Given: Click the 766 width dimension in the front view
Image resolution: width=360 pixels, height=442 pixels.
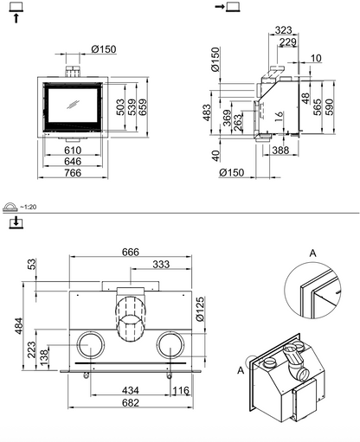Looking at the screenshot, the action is [73, 173].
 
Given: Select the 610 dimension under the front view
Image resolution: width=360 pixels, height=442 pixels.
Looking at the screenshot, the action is [73, 151].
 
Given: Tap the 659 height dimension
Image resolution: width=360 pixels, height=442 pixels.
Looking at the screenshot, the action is [143, 107].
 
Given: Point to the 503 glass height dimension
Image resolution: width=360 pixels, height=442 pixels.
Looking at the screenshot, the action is [121, 107].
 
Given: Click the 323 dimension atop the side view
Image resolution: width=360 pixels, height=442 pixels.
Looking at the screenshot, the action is [283, 30].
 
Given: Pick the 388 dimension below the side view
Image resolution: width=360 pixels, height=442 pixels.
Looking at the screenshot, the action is [280, 150].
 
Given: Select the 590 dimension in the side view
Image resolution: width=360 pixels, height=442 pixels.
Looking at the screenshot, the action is [329, 107].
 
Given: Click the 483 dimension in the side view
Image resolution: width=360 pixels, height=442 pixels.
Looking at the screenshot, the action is [207, 112].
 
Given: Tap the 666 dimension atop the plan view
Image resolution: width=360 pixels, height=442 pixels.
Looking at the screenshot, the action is [131, 252].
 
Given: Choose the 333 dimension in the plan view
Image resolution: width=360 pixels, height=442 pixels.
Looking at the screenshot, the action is [161, 264].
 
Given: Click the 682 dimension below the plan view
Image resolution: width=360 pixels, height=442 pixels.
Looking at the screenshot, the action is [131, 402].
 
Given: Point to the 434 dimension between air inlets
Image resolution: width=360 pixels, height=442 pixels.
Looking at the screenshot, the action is [131, 390].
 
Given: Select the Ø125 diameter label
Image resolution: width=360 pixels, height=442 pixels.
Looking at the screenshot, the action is [200, 310].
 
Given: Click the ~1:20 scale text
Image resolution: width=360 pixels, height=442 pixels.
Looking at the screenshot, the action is [28, 207].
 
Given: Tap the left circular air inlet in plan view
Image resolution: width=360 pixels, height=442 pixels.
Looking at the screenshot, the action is [91, 345].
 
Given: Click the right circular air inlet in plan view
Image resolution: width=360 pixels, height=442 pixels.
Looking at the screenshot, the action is [170, 345].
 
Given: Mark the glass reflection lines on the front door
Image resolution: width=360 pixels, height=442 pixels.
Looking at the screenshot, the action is [73, 104].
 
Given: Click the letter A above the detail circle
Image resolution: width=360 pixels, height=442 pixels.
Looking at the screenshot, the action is [313, 253].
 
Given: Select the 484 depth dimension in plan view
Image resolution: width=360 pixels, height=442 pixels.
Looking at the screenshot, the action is [18, 326].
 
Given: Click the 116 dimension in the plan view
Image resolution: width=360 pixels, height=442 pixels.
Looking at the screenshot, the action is [181, 391].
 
